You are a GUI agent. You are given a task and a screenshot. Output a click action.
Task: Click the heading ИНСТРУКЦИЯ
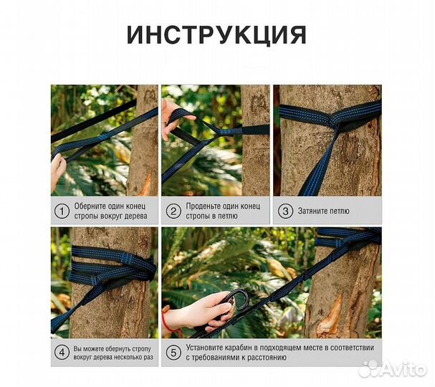click(216, 35)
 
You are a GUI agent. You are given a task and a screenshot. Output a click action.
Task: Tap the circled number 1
click(62, 211)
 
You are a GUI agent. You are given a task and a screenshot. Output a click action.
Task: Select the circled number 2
click(173, 211)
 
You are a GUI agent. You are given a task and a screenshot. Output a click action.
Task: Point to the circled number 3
click(285, 211)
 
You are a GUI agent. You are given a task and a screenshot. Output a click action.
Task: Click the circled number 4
click(62, 352)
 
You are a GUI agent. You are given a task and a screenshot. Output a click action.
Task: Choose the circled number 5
click(173, 352)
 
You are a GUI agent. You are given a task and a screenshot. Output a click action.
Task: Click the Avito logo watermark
click(393, 369)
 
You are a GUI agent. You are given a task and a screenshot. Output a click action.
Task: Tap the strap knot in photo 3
click(334, 121)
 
